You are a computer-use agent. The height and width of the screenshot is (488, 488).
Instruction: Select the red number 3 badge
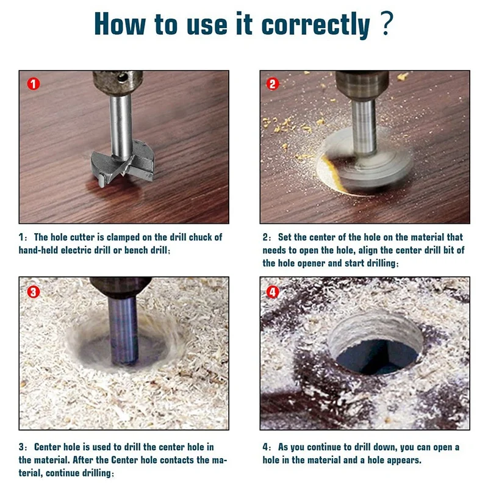pyautogui.click(x=33, y=292)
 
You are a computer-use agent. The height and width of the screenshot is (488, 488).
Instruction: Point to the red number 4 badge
pyautogui.click(x=273, y=292)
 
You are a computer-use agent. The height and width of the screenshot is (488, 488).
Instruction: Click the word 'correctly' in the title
pyautogui.click(x=315, y=25)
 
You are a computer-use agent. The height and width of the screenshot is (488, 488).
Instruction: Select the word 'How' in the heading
pyautogui.click(x=119, y=25)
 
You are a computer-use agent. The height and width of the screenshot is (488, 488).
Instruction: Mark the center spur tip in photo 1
pyautogui.click(x=101, y=182)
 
